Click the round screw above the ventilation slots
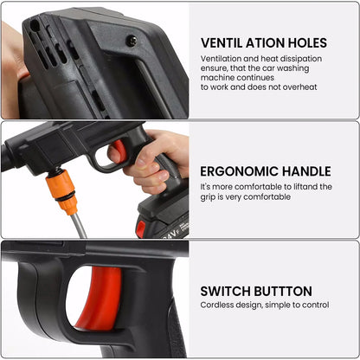click(x=131, y=40)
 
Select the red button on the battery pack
click(x=140, y=228)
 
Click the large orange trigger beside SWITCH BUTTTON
click(x=100, y=298)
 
